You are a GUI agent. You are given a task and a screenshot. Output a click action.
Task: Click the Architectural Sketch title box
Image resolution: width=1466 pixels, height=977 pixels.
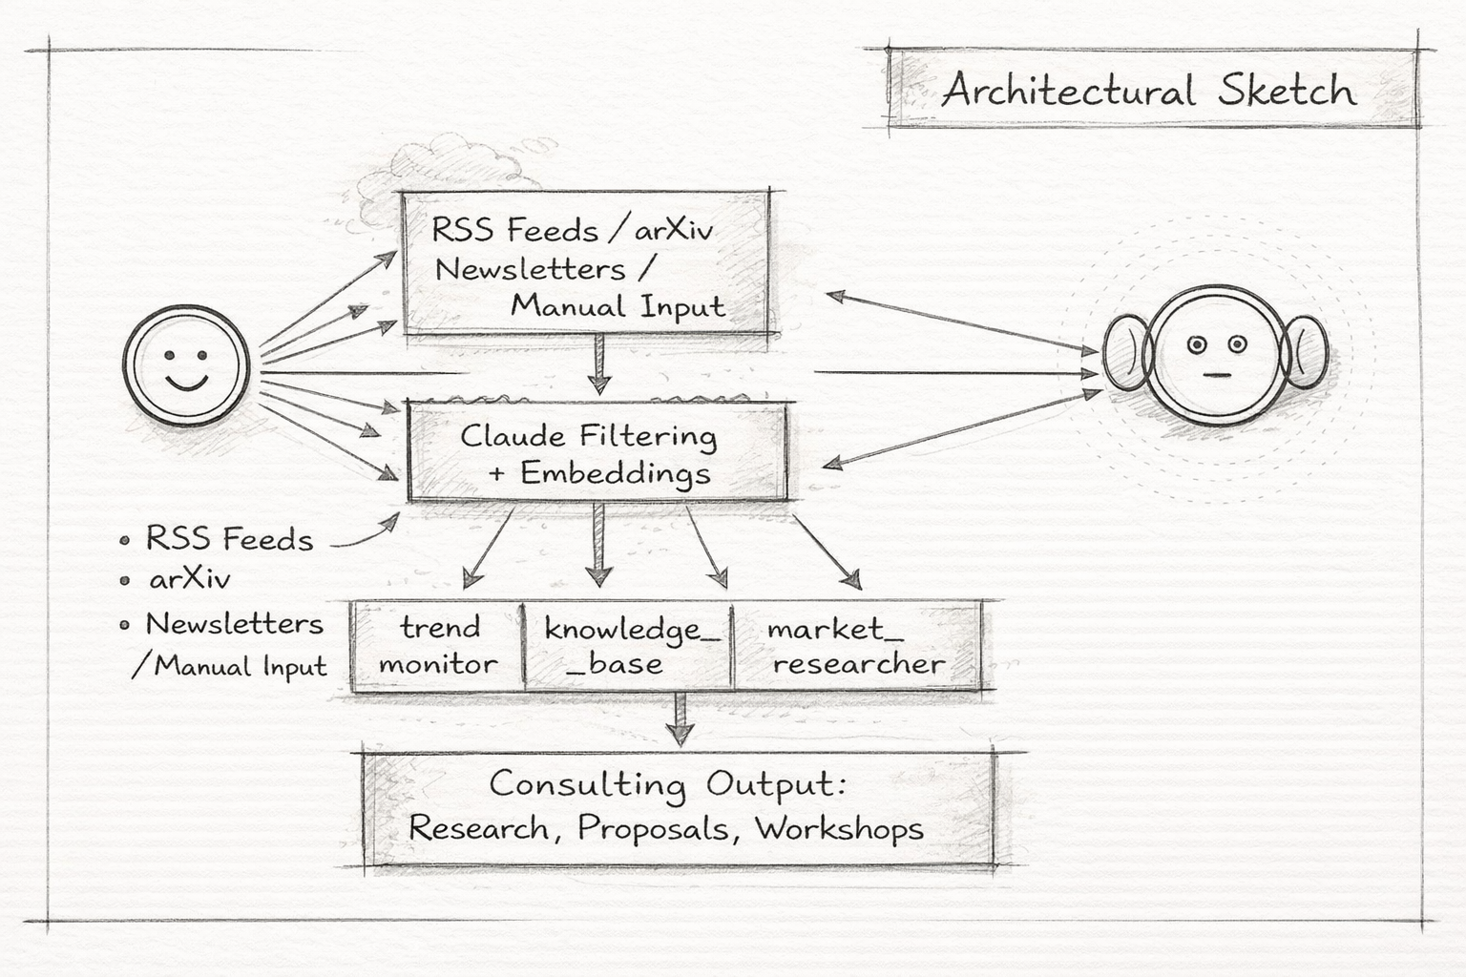(x=1151, y=89)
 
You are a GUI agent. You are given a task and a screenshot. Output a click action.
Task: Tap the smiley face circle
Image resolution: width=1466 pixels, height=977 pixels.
(x=186, y=366)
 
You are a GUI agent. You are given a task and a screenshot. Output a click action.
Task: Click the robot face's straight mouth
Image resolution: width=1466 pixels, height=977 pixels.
(x=1214, y=375)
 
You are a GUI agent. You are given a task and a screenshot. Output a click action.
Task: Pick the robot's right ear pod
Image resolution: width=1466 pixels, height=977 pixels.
(x=1305, y=355)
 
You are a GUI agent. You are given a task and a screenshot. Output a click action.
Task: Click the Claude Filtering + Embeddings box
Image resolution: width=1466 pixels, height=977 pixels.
(x=597, y=452)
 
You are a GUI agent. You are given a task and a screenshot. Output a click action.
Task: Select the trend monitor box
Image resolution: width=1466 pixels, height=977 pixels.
(x=438, y=646)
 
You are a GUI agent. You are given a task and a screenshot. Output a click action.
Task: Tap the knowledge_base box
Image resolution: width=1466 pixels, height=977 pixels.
(x=628, y=646)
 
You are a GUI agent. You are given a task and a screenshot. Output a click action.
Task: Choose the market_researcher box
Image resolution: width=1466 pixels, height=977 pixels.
(x=856, y=646)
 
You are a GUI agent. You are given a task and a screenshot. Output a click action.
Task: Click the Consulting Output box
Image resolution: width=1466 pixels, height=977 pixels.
(x=677, y=806)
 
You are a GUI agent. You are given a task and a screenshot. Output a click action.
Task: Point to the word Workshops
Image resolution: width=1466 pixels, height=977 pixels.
(x=840, y=827)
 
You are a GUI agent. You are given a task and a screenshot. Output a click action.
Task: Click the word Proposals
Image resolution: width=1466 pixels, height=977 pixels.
(x=654, y=827)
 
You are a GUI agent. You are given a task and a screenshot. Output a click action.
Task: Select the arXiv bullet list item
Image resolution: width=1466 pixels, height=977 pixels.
(x=189, y=579)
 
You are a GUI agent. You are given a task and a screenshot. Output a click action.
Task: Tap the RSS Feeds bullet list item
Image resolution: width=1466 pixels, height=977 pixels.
(x=229, y=539)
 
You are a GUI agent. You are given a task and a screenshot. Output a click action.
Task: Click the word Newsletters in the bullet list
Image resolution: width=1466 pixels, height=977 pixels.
(x=234, y=624)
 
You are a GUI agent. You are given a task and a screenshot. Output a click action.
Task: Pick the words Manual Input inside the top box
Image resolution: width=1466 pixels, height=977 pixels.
(x=618, y=306)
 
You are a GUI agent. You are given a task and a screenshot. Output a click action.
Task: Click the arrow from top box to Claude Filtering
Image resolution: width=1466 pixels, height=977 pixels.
(x=598, y=364)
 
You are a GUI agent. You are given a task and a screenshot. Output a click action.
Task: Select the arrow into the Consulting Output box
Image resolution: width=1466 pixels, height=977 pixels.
(x=679, y=719)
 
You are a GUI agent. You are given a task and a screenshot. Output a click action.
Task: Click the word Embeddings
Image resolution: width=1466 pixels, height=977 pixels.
(x=616, y=474)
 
